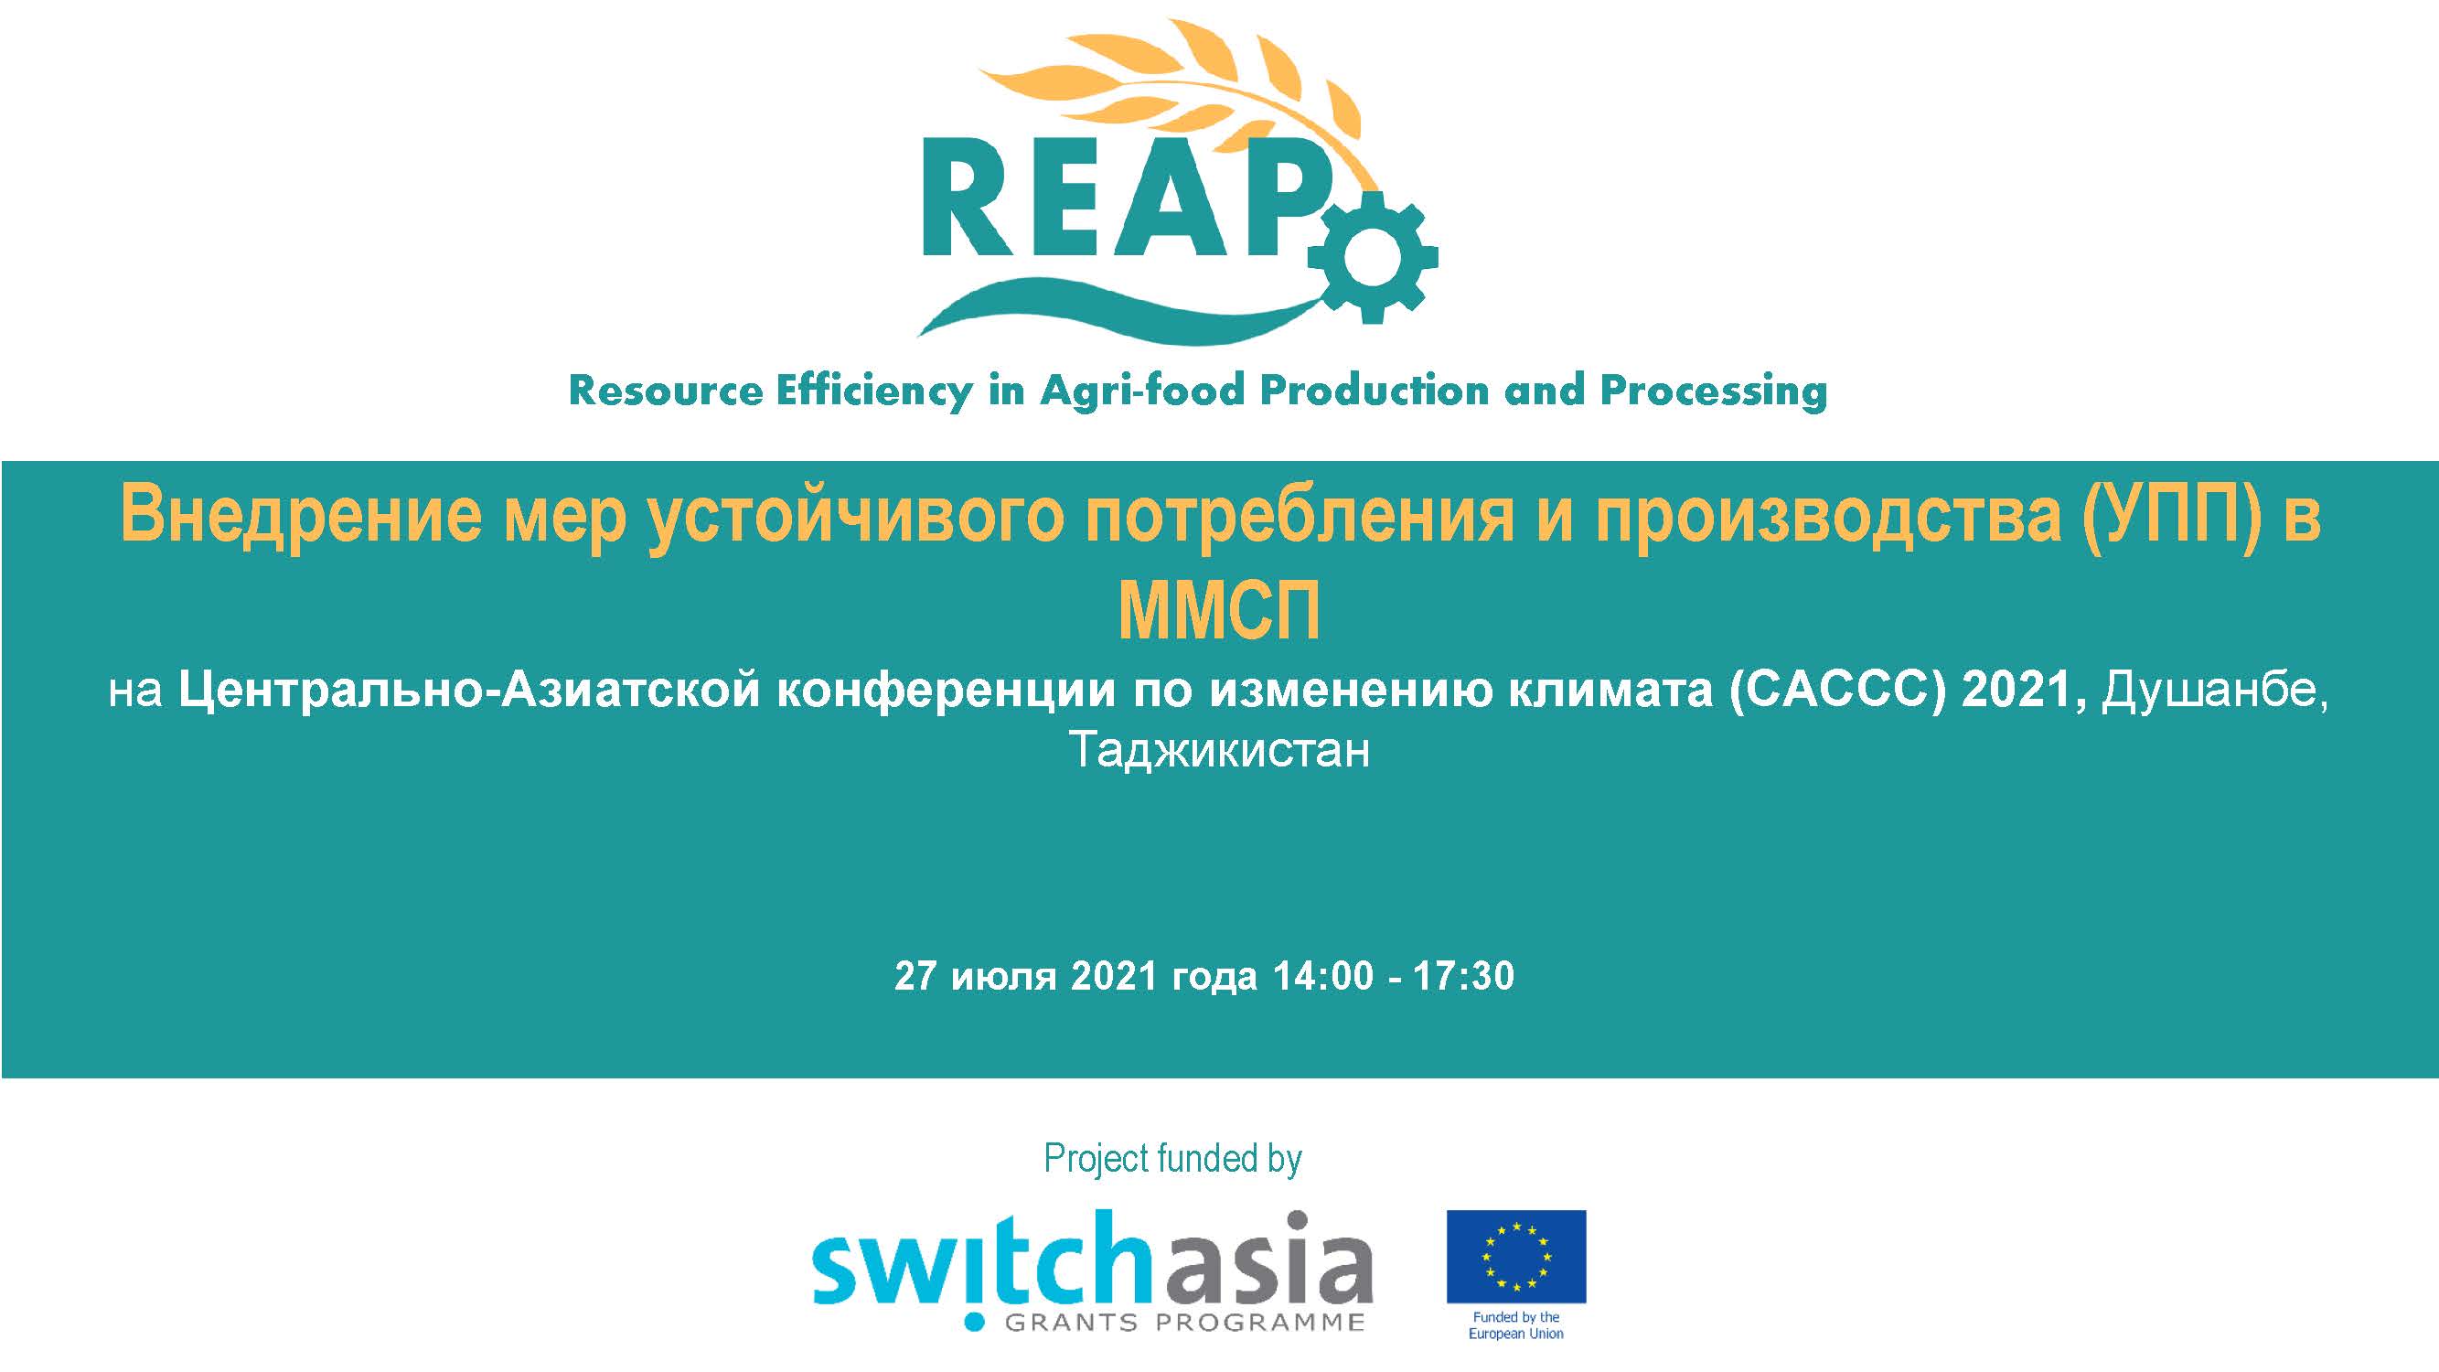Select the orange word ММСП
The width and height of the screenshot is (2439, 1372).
(1220, 612)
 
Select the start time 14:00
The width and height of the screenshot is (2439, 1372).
(1322, 975)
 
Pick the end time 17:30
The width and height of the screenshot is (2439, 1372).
(1464, 975)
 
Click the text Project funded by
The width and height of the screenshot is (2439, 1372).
(1173, 1159)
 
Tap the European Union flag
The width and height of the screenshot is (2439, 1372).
(1516, 1257)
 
